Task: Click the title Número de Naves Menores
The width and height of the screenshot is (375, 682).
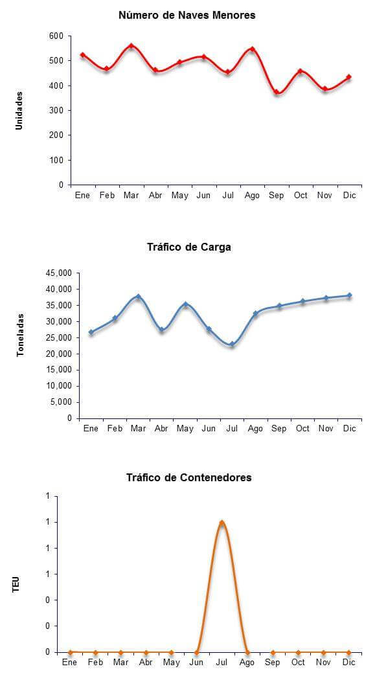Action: coord(187,16)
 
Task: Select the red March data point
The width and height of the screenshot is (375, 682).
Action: coord(131,46)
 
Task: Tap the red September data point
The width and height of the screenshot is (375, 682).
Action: coord(277,92)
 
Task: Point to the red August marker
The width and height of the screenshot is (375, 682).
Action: coord(252,49)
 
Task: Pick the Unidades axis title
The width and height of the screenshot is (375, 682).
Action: coord(19,110)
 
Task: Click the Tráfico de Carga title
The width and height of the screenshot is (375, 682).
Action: coord(189,247)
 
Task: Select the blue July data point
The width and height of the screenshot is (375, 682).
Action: coord(232,344)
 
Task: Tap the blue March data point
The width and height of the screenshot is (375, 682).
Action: coord(139,297)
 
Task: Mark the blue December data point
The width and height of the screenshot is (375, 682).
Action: coord(349,296)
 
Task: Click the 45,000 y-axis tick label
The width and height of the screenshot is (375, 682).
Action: coord(59,273)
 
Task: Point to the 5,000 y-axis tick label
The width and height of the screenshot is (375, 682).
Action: coord(61,402)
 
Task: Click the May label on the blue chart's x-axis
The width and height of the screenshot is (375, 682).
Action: coord(185,429)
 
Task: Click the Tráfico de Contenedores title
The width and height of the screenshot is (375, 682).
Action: coord(189,477)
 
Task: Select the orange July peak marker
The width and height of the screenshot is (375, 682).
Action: coord(222,523)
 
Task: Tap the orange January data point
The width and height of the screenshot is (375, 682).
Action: coord(70,652)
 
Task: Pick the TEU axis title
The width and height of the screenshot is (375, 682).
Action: coord(16,584)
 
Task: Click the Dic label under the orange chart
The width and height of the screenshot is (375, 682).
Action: coord(349,663)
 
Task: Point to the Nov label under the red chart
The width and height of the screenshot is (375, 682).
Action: coord(324,196)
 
